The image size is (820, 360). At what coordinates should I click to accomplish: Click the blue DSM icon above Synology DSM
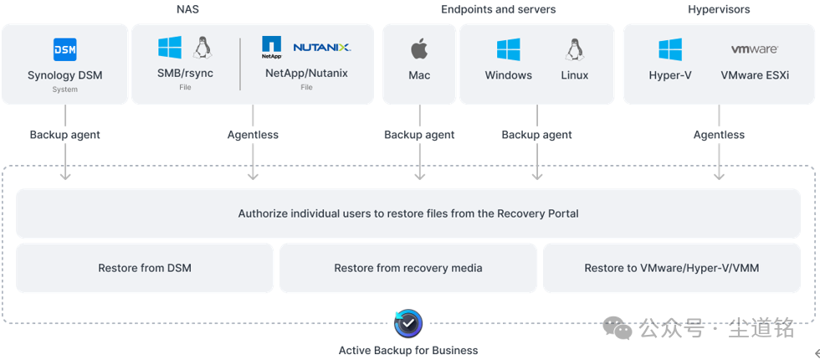(64, 49)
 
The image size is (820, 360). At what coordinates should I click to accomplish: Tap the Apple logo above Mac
(419, 49)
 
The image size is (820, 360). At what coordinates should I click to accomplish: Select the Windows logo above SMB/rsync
(170, 48)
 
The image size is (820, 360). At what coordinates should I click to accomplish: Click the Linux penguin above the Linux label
(573, 49)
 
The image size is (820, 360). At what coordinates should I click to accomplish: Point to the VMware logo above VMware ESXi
(754, 49)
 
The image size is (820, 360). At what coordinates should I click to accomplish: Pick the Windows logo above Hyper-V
(669, 49)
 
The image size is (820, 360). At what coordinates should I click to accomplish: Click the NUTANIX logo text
(321, 48)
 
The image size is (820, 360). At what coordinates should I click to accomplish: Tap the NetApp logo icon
(271, 47)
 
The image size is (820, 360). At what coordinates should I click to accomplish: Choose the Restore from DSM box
(145, 268)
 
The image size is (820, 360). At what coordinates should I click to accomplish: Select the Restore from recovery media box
(407, 268)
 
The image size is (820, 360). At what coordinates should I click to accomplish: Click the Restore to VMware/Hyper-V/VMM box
(671, 268)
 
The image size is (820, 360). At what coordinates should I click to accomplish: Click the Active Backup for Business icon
(408, 323)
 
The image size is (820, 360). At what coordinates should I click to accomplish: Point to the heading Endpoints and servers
(498, 9)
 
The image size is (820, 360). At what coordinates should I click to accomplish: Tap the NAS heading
(188, 9)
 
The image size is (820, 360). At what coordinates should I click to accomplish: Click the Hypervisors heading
(719, 9)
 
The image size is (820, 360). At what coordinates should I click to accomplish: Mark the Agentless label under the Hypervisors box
(719, 135)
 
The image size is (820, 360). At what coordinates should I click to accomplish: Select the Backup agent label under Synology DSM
(65, 135)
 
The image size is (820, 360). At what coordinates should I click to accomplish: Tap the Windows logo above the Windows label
(508, 49)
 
